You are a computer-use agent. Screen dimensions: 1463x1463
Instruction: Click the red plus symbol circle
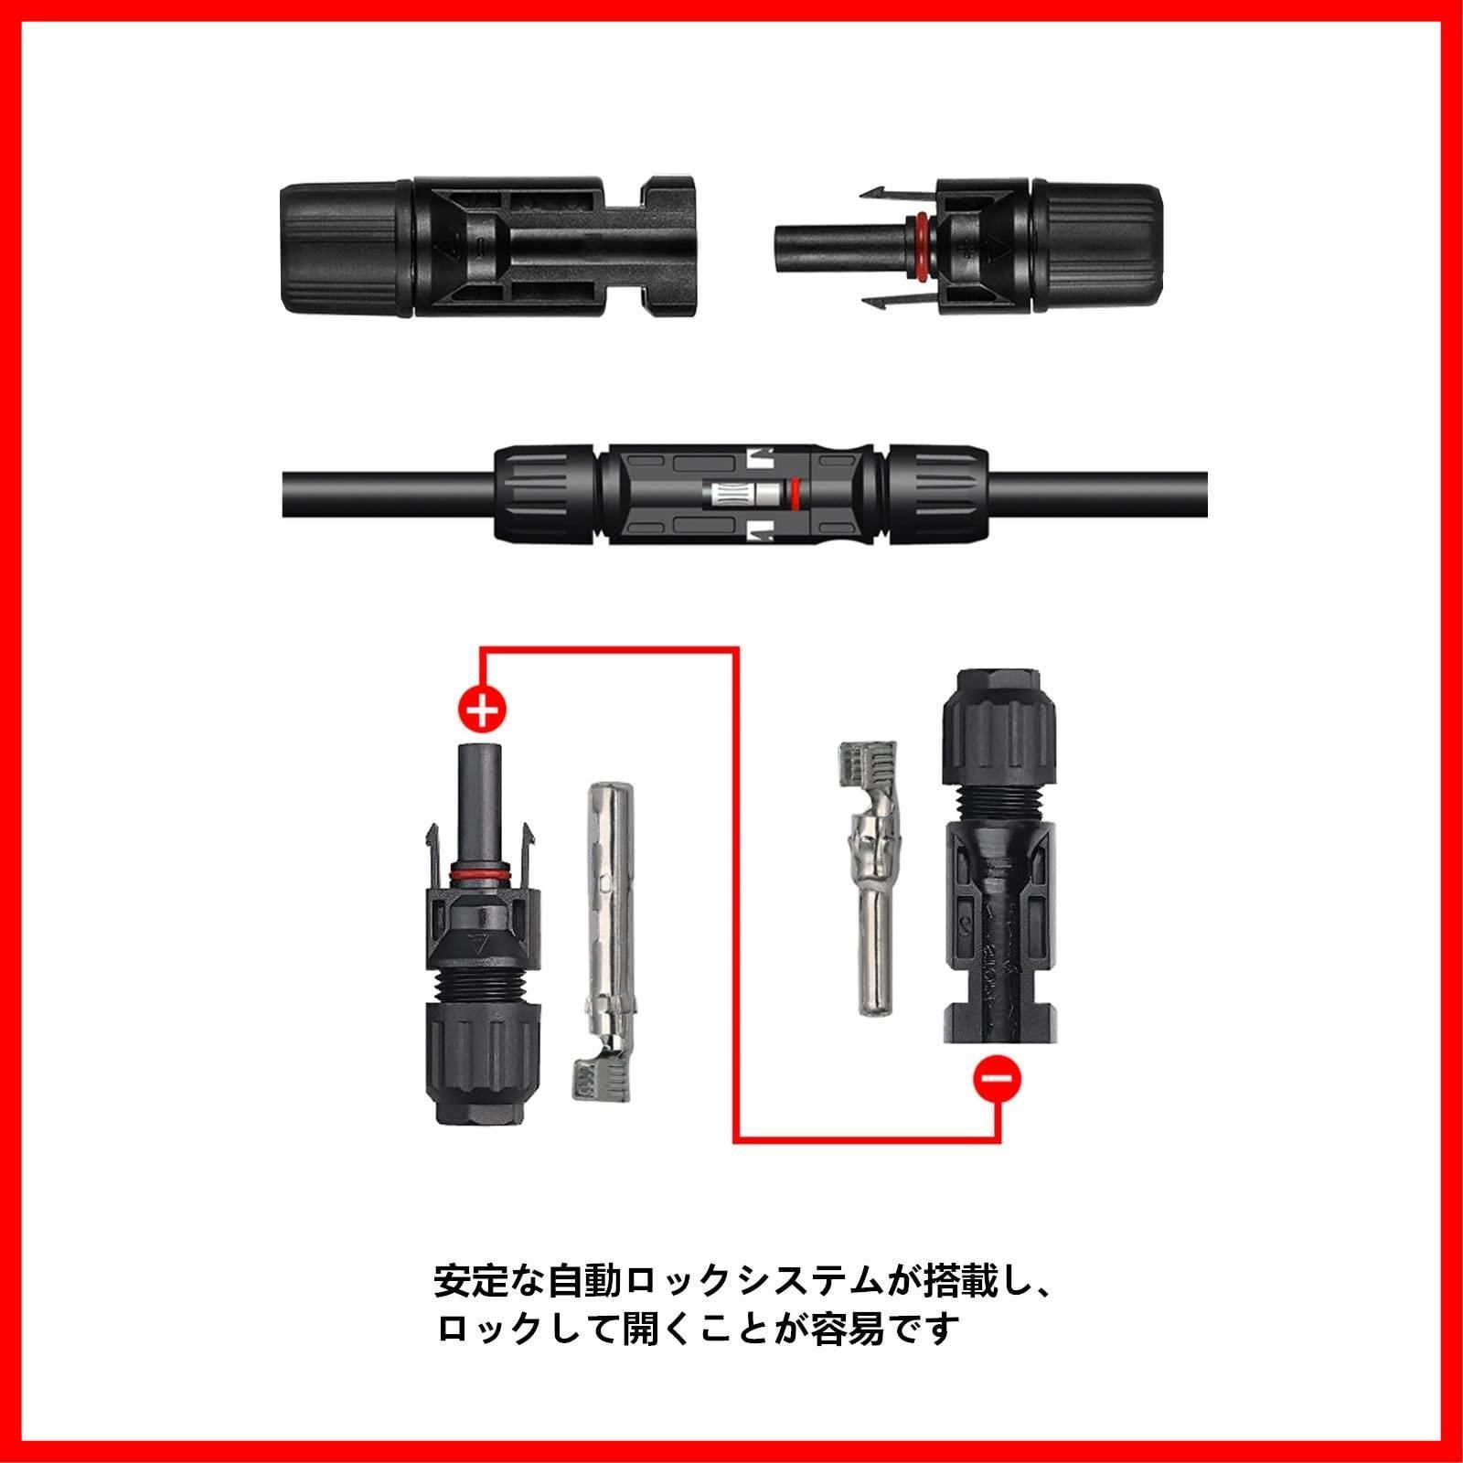pyautogui.click(x=481, y=708)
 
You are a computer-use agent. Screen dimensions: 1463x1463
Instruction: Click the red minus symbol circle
pyautogui.click(x=998, y=1078)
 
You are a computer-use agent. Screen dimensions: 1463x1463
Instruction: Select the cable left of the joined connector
pyautogui.click(x=389, y=494)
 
